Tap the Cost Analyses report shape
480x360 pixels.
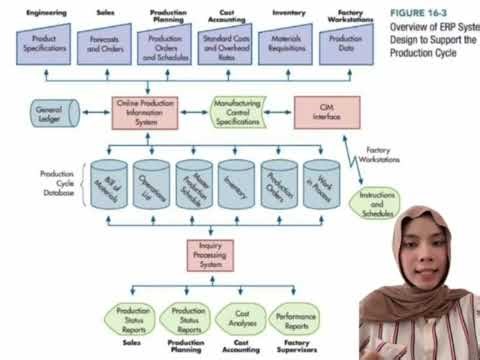coord(240,318)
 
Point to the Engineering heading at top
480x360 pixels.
coord(38,14)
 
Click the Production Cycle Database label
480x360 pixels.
coord(58,184)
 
